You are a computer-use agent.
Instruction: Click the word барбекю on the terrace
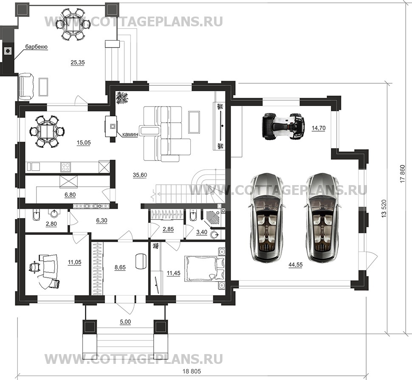click(x=36, y=47)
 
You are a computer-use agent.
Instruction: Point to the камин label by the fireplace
click(x=130, y=134)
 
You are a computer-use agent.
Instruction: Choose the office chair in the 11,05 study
click(x=34, y=267)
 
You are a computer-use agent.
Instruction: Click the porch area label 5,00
click(x=125, y=322)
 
